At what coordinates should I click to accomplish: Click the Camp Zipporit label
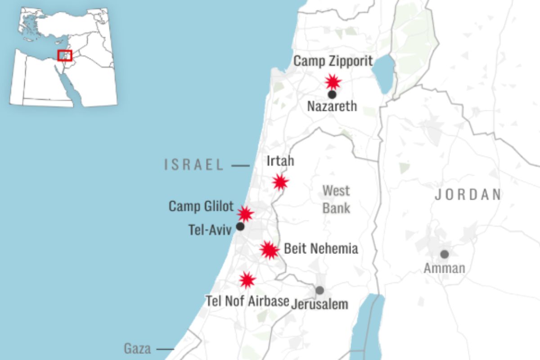pos(333,61)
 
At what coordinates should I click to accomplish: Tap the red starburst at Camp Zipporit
pos(333,82)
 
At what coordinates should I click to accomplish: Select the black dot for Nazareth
pos(332,94)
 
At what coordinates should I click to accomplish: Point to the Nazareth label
pos(332,107)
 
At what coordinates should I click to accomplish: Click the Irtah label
pos(280,161)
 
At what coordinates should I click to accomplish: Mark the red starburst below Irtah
pos(280,182)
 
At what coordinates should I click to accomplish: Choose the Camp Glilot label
pos(201,207)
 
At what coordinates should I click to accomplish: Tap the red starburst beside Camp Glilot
pos(245,214)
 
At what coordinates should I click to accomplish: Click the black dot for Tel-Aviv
pos(240,226)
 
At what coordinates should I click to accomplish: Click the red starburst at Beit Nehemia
pos(269,250)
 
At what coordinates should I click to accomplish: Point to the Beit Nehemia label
pos(321,249)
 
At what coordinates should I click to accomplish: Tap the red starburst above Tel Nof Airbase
pos(247,280)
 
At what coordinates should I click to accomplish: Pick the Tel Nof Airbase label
pos(247,301)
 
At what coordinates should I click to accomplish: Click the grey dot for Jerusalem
pos(319,290)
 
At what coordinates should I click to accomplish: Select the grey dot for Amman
pos(445,254)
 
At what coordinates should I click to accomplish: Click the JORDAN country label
pos(468,194)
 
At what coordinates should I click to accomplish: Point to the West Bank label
pos(336,198)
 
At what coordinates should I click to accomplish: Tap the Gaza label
pos(137,348)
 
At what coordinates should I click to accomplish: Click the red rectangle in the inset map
pos(65,55)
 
